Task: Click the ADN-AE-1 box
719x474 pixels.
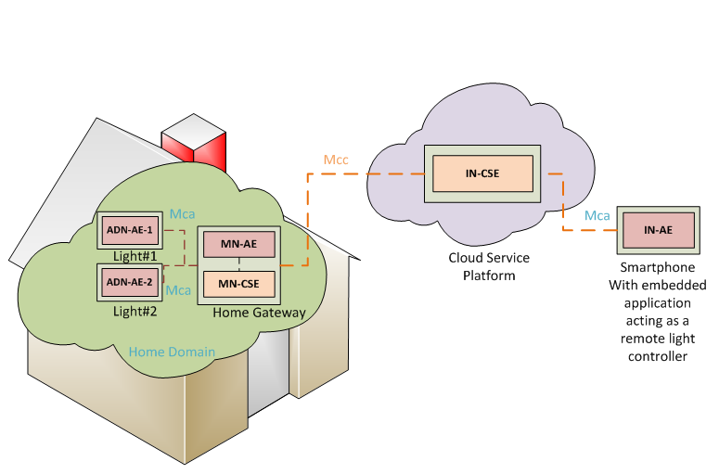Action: coord(129,230)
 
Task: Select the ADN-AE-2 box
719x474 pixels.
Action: coord(129,282)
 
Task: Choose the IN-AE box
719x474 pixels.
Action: coord(659,230)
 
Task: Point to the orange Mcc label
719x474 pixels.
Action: coord(336,160)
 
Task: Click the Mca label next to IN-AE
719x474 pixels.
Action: coord(597,216)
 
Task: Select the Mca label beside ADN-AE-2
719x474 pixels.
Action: coord(178,290)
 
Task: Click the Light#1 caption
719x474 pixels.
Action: coord(135,255)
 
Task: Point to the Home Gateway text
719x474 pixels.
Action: coord(259,313)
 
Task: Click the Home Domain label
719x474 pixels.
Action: coord(172,352)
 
